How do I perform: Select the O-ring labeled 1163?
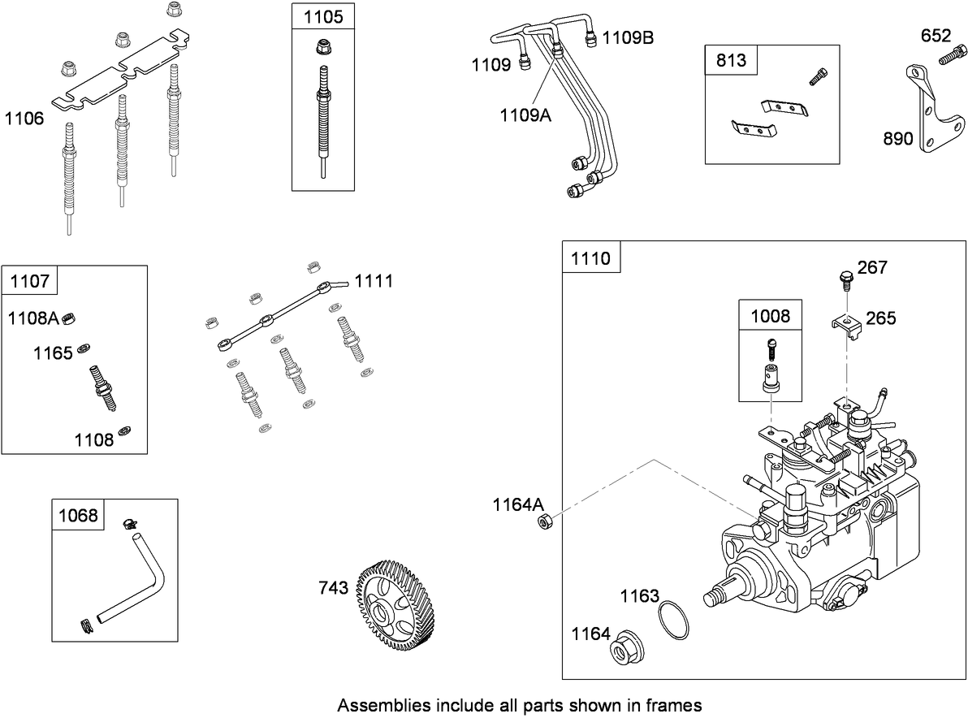click(x=674, y=621)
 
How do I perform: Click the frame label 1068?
click(x=78, y=515)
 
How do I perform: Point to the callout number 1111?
click(x=374, y=281)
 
